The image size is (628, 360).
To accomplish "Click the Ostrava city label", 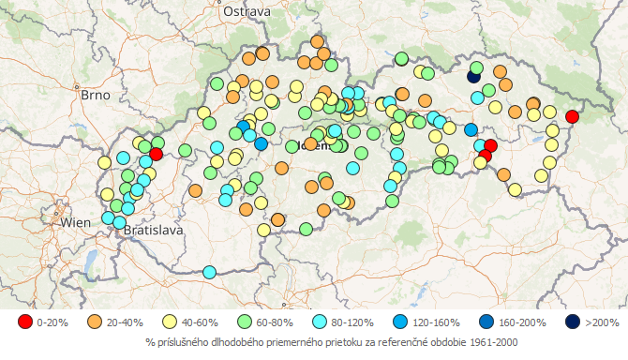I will (247, 11).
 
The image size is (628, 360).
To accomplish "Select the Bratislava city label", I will (154, 229).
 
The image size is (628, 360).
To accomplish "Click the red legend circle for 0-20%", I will (24, 322).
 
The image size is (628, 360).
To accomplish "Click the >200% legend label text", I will (602, 322).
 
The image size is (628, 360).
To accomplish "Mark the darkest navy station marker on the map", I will (474, 78).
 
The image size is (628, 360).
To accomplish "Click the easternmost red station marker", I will (572, 116).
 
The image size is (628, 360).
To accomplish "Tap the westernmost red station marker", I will (156, 153).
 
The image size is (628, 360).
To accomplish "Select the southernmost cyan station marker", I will (209, 272).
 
